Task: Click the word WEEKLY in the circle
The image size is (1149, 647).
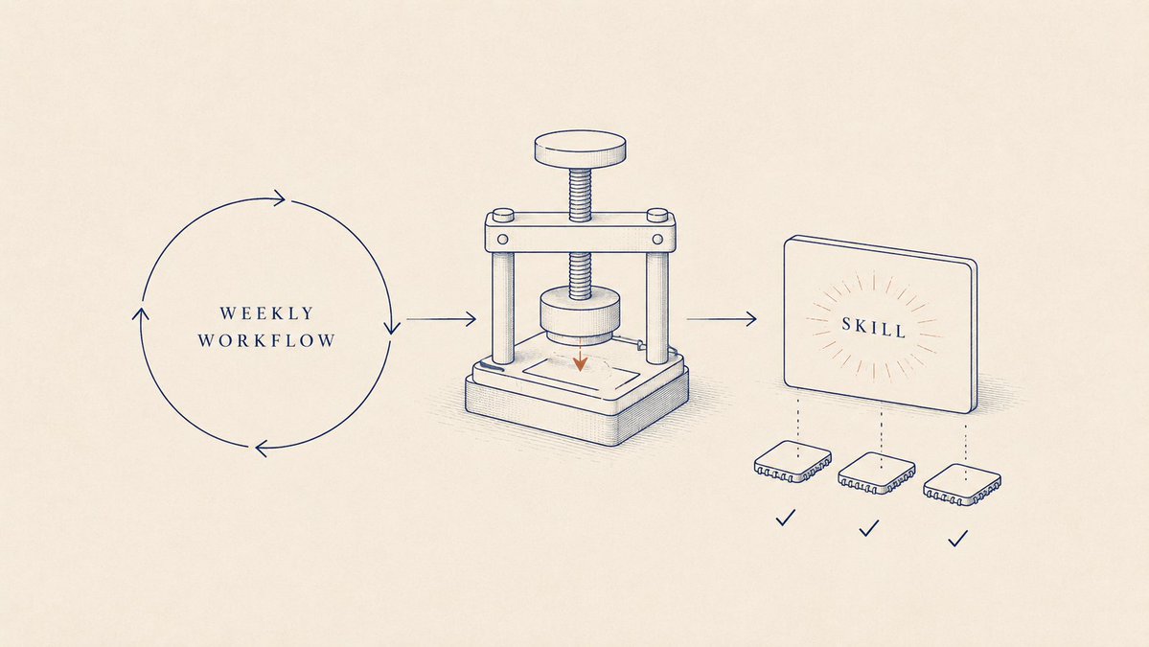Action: [x=266, y=312]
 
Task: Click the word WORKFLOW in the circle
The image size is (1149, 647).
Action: [x=266, y=340]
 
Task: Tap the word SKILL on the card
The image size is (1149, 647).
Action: [x=873, y=327]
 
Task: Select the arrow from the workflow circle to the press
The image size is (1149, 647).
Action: [x=441, y=319]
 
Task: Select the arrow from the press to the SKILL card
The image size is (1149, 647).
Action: [x=721, y=319]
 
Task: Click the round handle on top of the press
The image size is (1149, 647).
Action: [x=581, y=149]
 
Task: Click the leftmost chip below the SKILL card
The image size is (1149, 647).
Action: [x=793, y=461]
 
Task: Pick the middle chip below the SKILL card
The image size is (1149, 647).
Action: [x=877, y=473]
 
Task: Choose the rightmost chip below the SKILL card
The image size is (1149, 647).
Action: [x=962, y=484]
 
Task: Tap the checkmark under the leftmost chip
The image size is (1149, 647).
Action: [x=786, y=518]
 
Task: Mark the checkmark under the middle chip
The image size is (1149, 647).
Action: [x=869, y=528]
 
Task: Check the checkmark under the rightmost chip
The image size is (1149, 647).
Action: [x=957, y=539]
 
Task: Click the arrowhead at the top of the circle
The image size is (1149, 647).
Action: [x=279, y=197]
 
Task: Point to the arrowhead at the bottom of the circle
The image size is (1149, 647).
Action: [x=262, y=448]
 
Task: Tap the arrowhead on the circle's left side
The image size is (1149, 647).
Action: [x=140, y=313]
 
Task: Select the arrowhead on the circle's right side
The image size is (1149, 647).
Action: [x=392, y=327]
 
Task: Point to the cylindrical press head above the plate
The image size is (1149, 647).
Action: [x=581, y=315]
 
